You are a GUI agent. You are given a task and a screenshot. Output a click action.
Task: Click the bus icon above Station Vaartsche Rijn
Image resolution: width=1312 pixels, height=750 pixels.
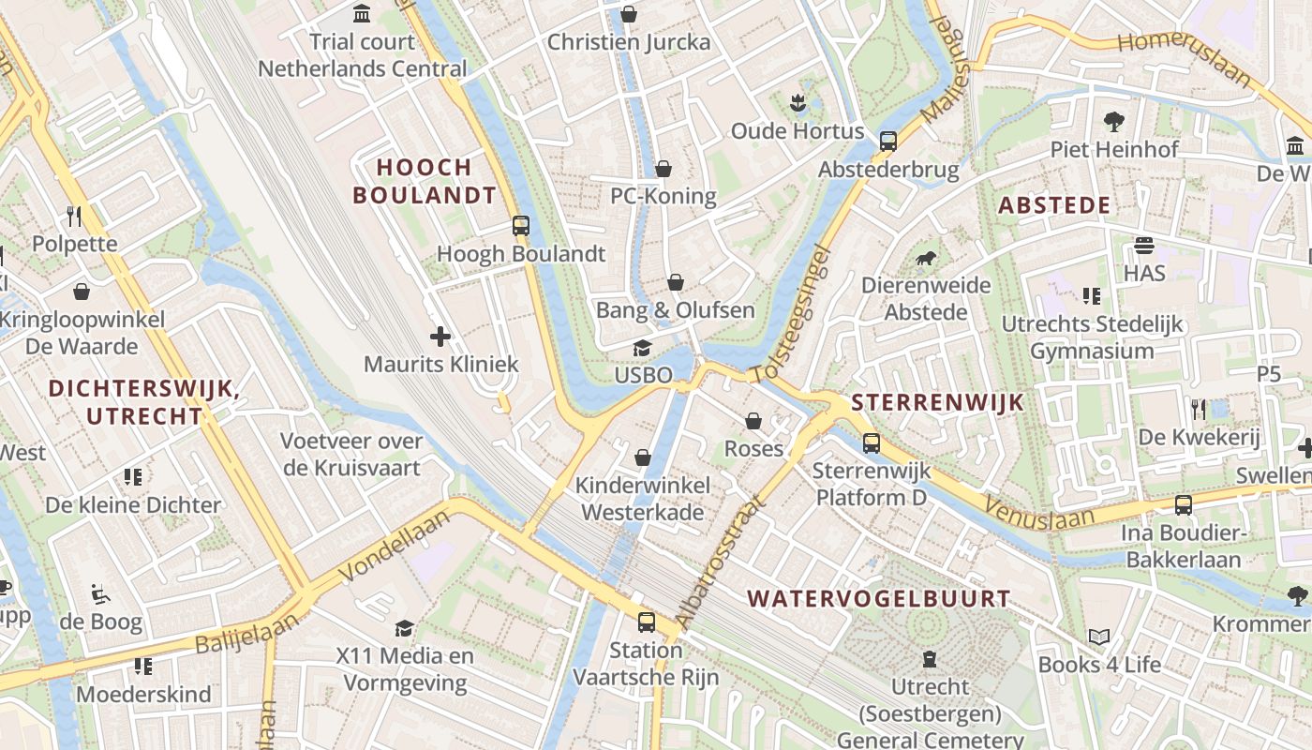click(x=646, y=622)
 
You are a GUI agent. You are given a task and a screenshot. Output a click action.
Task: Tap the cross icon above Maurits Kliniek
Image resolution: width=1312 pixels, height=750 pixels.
click(x=440, y=336)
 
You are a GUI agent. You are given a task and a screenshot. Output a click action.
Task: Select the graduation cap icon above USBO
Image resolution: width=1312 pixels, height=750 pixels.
click(x=642, y=349)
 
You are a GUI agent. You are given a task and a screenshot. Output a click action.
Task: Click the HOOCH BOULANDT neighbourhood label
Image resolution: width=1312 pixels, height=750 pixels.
click(x=437, y=182)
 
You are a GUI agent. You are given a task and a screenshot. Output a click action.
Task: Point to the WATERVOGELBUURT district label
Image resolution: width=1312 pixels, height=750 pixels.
click(x=878, y=598)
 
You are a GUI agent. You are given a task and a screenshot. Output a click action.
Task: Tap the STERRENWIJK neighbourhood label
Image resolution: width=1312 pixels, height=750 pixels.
click(x=937, y=403)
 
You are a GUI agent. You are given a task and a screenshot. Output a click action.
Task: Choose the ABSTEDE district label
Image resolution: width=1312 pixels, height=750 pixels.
click(x=1054, y=205)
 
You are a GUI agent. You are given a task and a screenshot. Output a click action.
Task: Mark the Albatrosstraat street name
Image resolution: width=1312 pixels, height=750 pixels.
click(x=721, y=560)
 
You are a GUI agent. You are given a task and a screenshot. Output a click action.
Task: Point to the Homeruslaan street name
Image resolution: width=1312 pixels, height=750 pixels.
click(x=1185, y=56)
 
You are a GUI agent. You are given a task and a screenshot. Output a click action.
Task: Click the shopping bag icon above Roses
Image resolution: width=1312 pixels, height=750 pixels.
click(x=753, y=421)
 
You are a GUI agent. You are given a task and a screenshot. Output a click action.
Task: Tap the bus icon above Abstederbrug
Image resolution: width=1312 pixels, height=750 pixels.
click(x=887, y=142)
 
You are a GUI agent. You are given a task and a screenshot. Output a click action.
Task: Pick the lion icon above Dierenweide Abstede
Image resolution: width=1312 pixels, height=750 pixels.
click(x=925, y=258)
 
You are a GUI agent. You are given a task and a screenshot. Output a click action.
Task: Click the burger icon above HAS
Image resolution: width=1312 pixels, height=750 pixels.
click(x=1143, y=246)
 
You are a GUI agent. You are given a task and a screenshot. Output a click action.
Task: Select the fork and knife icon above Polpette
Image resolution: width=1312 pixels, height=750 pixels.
click(x=75, y=217)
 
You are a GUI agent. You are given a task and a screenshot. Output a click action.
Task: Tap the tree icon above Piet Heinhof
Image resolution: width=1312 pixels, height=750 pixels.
click(x=1113, y=121)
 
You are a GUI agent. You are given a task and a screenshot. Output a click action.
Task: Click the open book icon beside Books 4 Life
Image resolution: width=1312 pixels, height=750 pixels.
click(x=1098, y=637)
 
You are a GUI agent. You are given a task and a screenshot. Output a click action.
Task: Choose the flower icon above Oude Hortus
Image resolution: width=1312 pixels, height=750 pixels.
click(x=798, y=103)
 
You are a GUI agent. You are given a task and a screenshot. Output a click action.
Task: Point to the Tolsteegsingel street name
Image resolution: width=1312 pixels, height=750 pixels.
click(x=792, y=314)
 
